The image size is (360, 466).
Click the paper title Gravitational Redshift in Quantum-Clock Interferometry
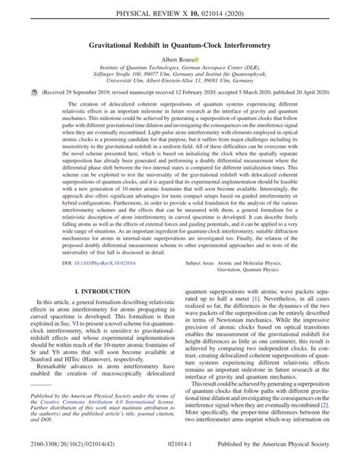[x=180, y=45]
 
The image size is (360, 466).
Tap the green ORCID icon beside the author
[x=197, y=59]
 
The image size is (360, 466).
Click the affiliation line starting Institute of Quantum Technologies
[x=180, y=69]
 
